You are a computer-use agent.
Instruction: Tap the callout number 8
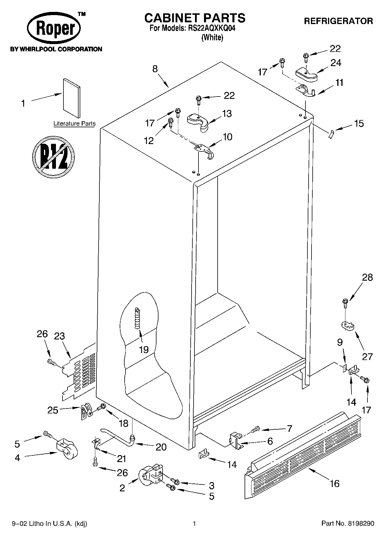(155, 69)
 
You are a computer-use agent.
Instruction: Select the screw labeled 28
(345, 303)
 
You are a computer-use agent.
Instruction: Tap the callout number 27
(367, 356)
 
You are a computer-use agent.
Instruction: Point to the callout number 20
(161, 447)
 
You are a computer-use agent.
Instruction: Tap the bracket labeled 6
(236, 440)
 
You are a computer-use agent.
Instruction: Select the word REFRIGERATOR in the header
(338, 21)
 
